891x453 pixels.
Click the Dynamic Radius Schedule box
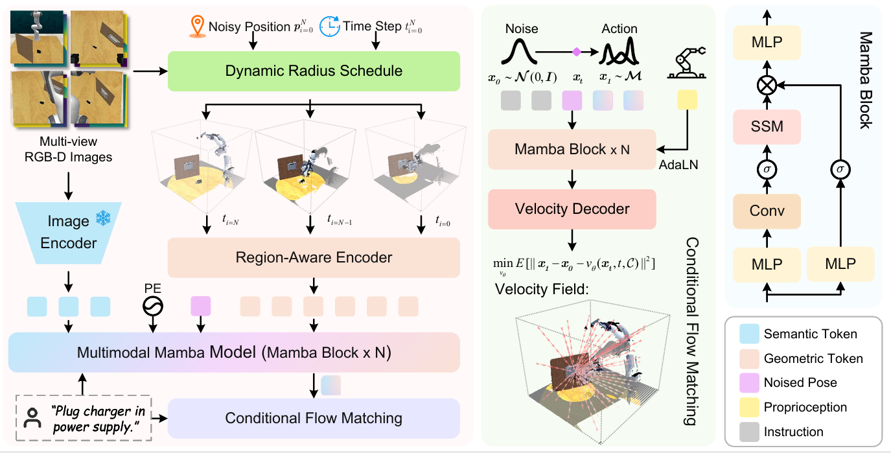[x=314, y=71]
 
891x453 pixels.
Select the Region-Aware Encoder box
[x=314, y=258]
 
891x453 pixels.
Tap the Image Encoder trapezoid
[x=69, y=233]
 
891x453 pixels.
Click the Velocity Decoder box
[x=572, y=209]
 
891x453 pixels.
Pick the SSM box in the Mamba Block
[x=767, y=127]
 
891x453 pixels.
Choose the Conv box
[x=767, y=211]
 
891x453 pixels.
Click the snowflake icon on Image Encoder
[x=104, y=218]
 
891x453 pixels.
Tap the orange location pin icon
[x=197, y=27]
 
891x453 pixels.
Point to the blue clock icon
[x=330, y=27]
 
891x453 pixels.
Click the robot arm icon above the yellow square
[x=686, y=62]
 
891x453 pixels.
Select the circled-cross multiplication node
[x=767, y=86]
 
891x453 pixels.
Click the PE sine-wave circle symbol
[x=153, y=307]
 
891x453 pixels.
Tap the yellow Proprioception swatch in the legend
[x=749, y=407]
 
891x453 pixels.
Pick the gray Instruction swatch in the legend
[x=749, y=432]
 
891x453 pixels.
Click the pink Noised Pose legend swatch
[x=749, y=382]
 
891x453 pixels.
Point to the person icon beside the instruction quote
[x=32, y=418]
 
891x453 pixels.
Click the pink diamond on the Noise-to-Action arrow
[x=576, y=52]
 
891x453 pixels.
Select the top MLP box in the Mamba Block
[x=767, y=43]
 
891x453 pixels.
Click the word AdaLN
[x=678, y=165]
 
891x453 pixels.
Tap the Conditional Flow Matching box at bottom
[x=314, y=419]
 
